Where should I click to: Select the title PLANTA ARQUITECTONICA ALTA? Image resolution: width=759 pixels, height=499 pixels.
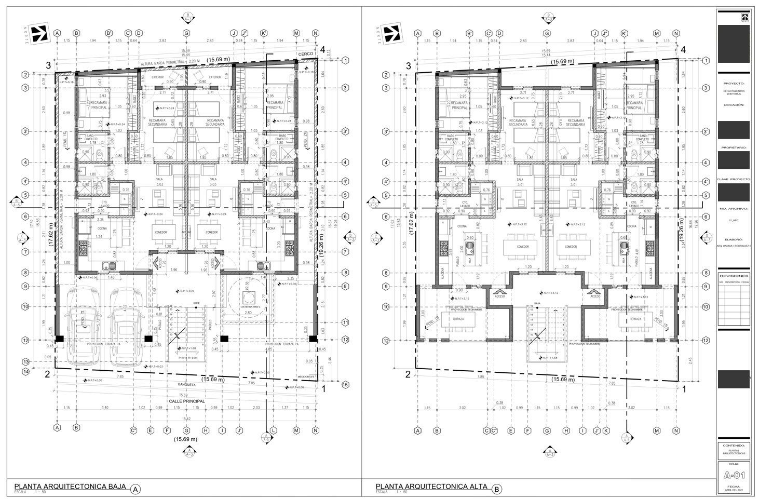pyautogui.click(x=431, y=487)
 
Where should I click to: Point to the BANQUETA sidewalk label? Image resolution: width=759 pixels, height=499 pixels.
pyautogui.click(x=186, y=385)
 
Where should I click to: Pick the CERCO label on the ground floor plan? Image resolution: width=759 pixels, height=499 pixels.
pyautogui.click(x=305, y=55)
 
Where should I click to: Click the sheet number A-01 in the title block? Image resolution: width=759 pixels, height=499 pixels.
pyautogui.click(x=733, y=474)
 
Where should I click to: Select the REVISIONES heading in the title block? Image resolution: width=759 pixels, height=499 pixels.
pyautogui.click(x=733, y=276)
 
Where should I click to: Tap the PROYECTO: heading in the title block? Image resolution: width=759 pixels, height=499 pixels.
pyautogui.click(x=733, y=83)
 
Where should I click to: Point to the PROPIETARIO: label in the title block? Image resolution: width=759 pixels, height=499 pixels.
pyautogui.click(x=733, y=147)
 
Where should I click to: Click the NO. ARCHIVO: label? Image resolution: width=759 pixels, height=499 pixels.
pyautogui.click(x=733, y=208)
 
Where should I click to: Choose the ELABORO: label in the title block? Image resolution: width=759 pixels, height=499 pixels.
pyautogui.click(x=733, y=239)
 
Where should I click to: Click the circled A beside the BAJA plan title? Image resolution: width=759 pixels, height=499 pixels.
pyautogui.click(x=135, y=489)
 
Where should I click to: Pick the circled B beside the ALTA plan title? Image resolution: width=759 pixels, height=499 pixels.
pyautogui.click(x=497, y=489)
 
